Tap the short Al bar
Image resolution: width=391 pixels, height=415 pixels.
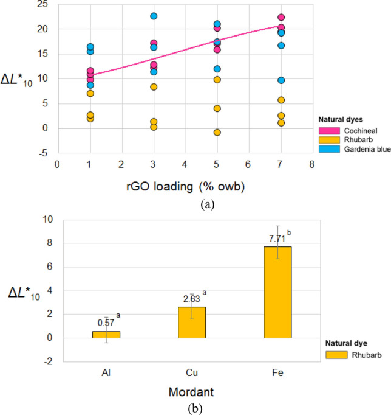click(x=106, y=334)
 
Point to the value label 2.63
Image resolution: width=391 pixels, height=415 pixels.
click(x=191, y=299)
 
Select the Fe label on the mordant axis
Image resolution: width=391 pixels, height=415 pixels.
click(x=277, y=370)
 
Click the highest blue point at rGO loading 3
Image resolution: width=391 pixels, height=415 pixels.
click(x=154, y=16)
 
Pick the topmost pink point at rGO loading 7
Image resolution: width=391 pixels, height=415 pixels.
click(x=281, y=18)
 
